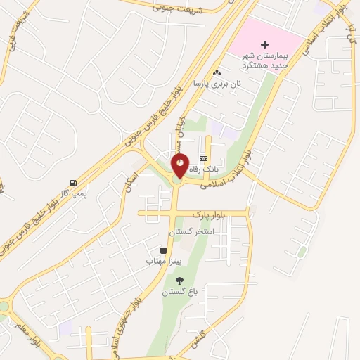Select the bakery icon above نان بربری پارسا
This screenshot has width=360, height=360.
217,72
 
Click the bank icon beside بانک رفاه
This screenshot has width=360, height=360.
203,158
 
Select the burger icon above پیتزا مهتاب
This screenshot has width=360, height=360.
164,250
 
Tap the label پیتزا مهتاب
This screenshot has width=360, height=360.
164,261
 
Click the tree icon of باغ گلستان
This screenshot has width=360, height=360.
179,281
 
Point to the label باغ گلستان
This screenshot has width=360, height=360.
179,292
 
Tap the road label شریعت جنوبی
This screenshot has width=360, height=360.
177,9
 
